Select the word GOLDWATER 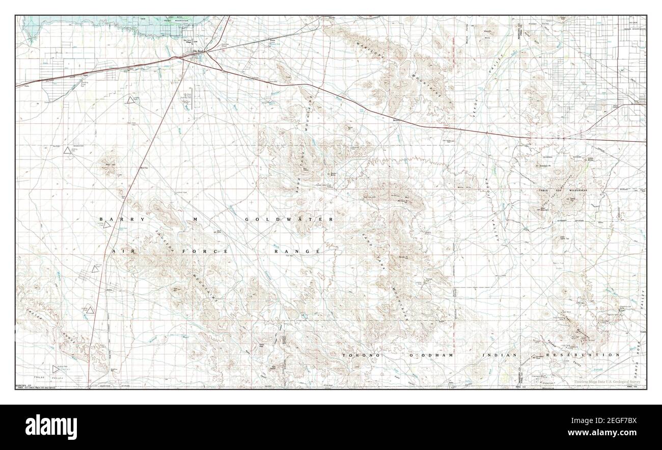[289, 219]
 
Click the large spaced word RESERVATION [583, 355]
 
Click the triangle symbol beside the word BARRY [107, 225]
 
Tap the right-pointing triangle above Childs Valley [56, 369]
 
